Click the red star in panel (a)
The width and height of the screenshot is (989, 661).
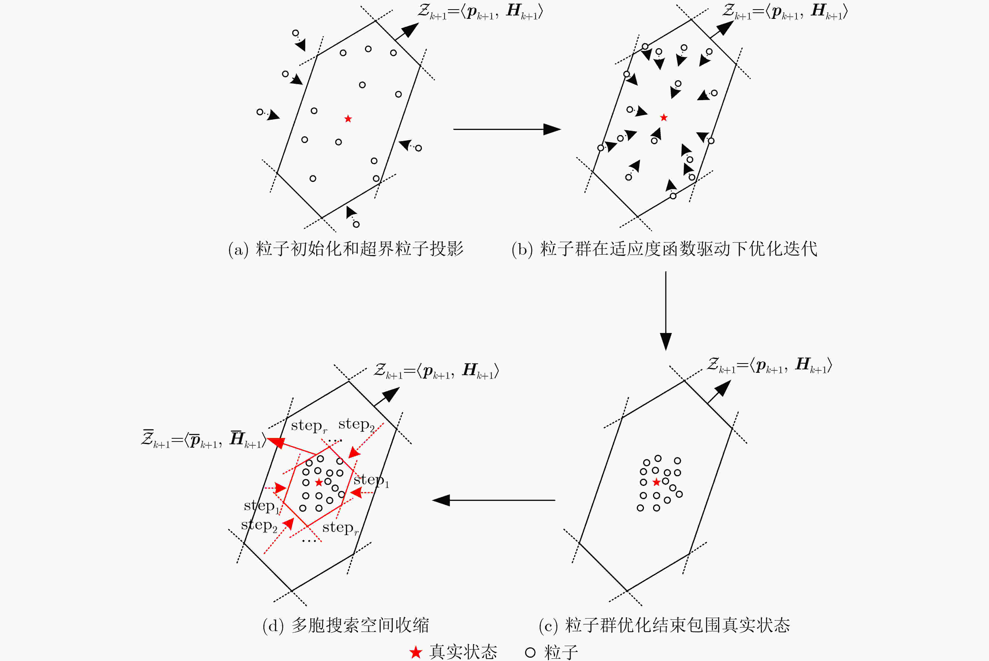click(348, 119)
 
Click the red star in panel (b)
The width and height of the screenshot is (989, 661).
click(664, 118)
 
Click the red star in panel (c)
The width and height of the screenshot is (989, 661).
click(656, 482)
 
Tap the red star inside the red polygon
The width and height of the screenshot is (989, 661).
click(319, 482)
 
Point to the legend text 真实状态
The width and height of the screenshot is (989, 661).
click(463, 652)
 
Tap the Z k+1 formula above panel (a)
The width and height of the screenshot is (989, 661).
click(480, 11)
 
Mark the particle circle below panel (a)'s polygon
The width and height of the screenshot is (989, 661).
click(356, 224)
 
